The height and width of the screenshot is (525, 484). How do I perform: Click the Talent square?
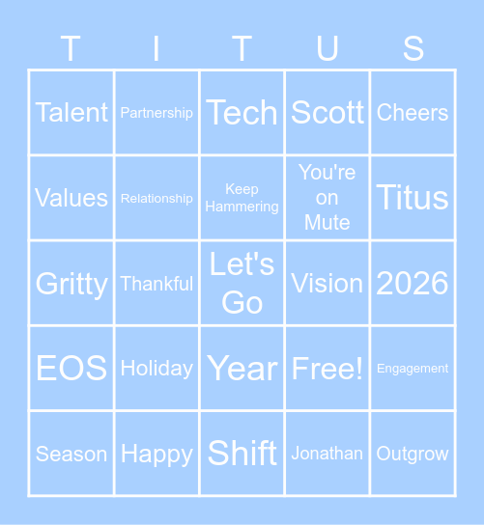pyautogui.click(x=71, y=113)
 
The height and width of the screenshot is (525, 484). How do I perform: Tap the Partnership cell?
pyautogui.click(x=157, y=113)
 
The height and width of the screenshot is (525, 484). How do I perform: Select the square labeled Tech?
pyautogui.click(x=242, y=113)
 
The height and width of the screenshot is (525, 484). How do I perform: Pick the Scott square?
pyautogui.click(x=327, y=113)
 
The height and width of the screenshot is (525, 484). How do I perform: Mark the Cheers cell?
pyautogui.click(x=413, y=113)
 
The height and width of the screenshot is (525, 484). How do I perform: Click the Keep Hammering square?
pyautogui.click(x=242, y=198)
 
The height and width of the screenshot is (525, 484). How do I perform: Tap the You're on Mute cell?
pyautogui.click(x=327, y=198)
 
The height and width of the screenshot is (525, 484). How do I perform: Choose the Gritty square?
pyautogui.click(x=71, y=283)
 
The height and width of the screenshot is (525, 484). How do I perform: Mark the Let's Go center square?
pyautogui.click(x=242, y=283)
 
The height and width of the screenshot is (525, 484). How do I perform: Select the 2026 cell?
pyautogui.click(x=413, y=283)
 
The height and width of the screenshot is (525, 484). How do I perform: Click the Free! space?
pyautogui.click(x=327, y=368)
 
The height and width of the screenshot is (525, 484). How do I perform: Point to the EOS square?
pyautogui.click(x=71, y=368)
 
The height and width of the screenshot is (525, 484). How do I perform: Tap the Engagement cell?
pyautogui.click(x=413, y=368)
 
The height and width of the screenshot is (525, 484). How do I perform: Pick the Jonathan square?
pyautogui.click(x=327, y=454)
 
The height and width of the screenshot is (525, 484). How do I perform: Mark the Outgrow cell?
pyautogui.click(x=413, y=454)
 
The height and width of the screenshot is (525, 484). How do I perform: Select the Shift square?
pyautogui.click(x=242, y=454)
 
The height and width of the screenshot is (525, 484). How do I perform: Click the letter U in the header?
pyautogui.click(x=327, y=48)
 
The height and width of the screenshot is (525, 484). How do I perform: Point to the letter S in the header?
pyautogui.click(x=413, y=48)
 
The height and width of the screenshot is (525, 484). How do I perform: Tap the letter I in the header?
pyautogui.click(x=157, y=48)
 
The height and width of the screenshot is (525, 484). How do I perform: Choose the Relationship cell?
pyautogui.click(x=157, y=198)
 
